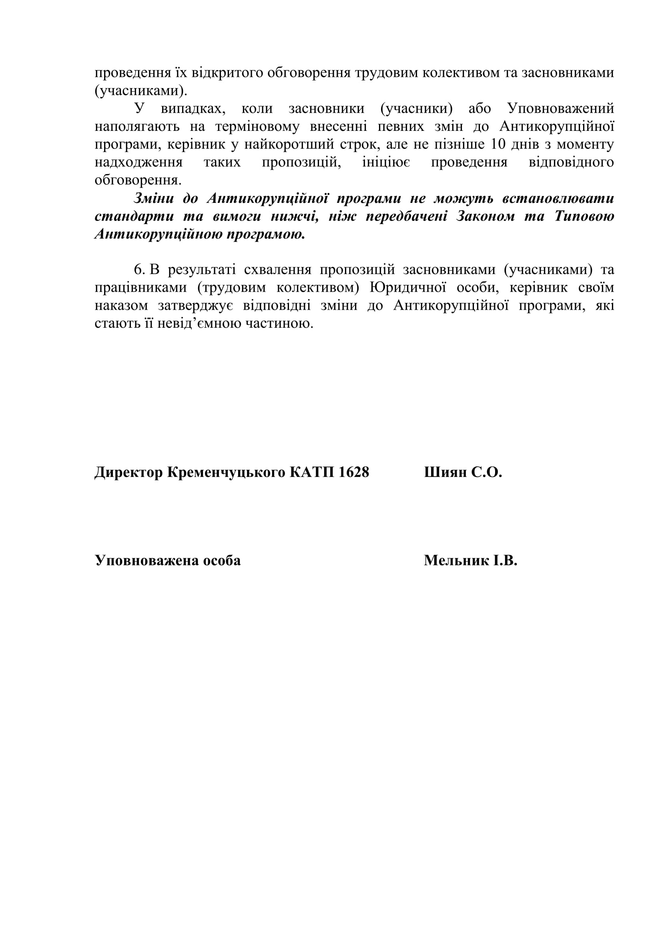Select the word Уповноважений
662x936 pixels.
tap(560, 108)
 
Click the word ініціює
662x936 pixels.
tap(386, 162)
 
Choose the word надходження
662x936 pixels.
tap(138, 162)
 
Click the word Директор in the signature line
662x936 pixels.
tap(129, 473)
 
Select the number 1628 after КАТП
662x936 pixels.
tap(353, 473)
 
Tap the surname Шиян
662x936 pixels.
tap(445, 473)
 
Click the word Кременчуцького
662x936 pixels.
tap(226, 473)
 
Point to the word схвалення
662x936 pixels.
tap(278, 270)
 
